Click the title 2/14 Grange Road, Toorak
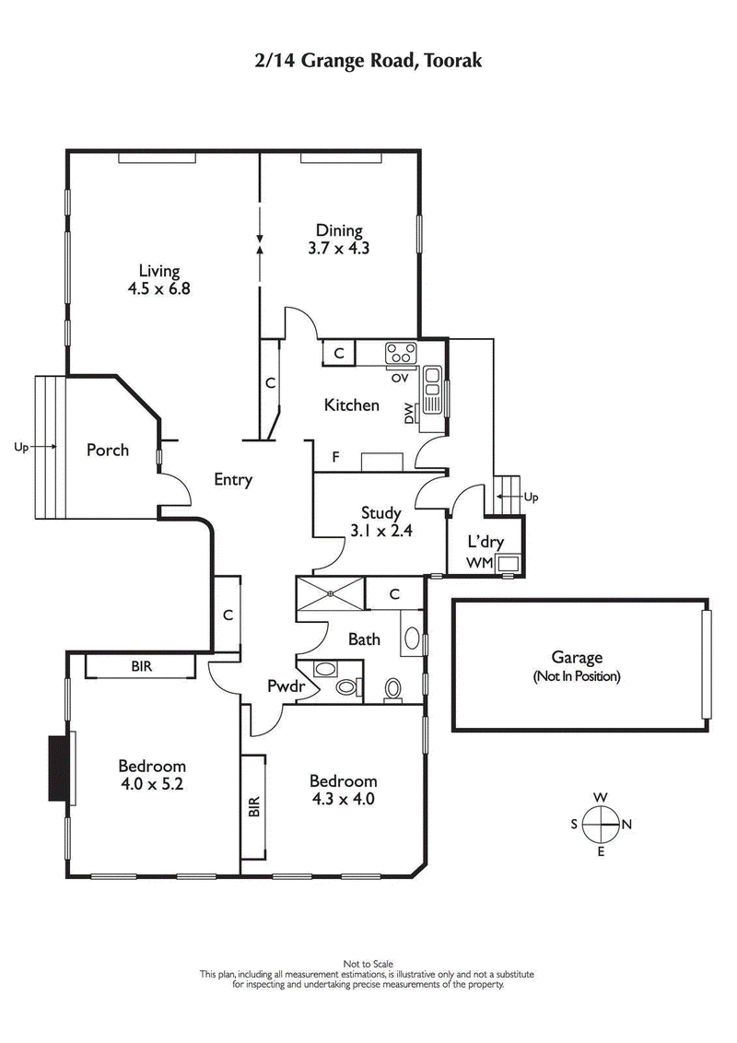click(368, 61)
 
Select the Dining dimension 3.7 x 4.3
click(339, 247)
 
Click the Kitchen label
click(351, 404)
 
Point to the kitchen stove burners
click(402, 352)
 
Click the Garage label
click(577, 658)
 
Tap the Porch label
click(108, 451)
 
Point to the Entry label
click(233, 479)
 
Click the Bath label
click(365, 639)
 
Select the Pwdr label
click(281, 686)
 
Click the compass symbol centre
click(600, 825)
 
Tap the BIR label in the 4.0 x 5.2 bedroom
click(141, 664)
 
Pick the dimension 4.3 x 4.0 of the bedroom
click(344, 799)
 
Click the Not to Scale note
click(368, 964)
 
